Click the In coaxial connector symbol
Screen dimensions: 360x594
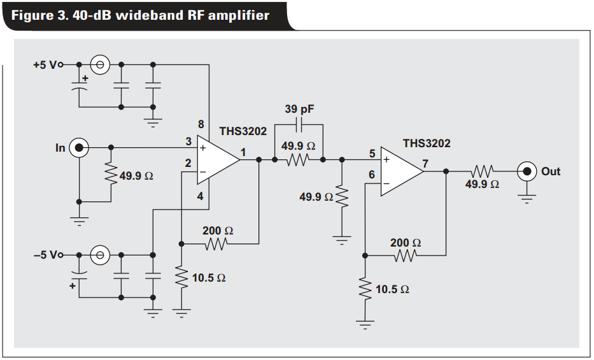coord(79,148)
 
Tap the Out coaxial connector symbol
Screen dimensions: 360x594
coord(526,171)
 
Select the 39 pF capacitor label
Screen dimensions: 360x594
coord(299,110)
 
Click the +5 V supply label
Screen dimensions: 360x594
coord(46,64)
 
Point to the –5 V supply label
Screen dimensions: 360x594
coord(46,255)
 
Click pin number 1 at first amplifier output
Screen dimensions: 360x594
coord(243,152)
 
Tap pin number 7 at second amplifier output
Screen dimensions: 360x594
coord(425,164)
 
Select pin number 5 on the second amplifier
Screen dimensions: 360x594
coord(372,153)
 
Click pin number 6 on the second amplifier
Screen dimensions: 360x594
coord(372,175)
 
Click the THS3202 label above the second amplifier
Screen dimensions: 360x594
coord(426,143)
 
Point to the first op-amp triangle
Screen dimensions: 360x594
coord(216,160)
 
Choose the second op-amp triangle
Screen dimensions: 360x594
coord(400,171)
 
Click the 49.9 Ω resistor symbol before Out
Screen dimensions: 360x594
coord(482,171)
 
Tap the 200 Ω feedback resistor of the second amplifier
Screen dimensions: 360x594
coord(405,256)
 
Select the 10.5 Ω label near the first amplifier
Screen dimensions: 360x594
coord(209,278)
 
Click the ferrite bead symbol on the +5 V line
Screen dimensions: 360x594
coord(100,64)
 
